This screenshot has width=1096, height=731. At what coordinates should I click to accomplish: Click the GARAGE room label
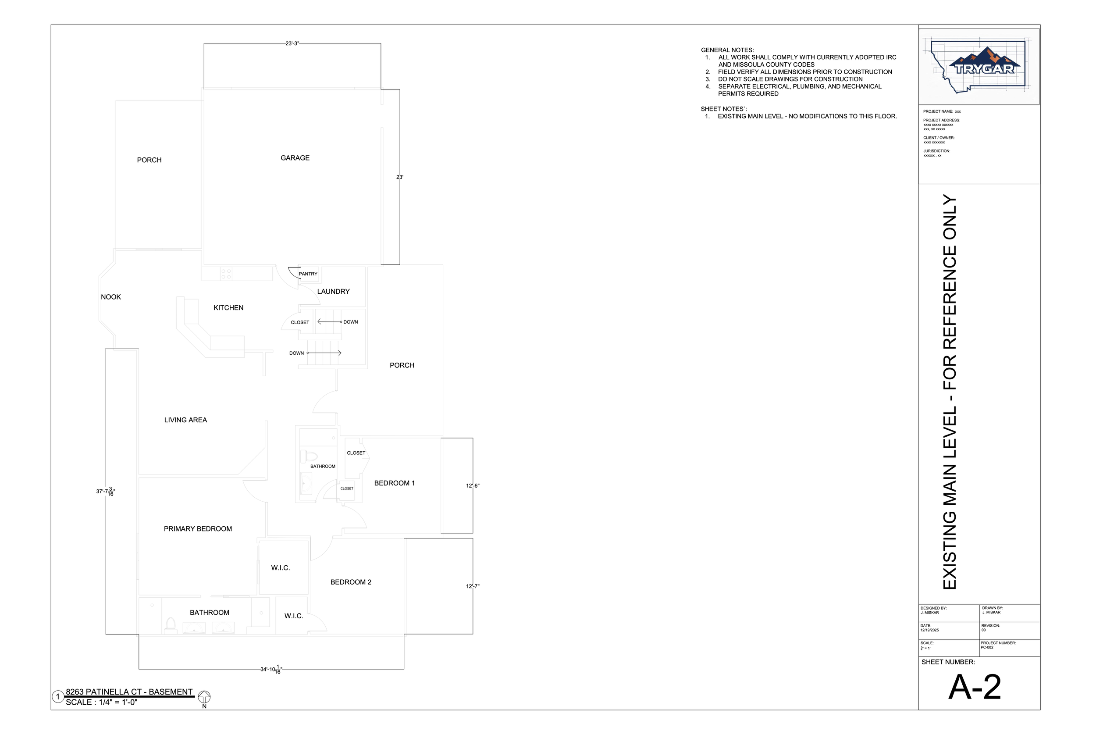click(295, 158)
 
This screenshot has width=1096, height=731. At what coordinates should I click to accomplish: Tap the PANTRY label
click(308, 274)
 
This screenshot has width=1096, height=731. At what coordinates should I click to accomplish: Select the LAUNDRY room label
click(333, 291)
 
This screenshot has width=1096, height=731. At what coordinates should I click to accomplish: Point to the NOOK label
click(111, 297)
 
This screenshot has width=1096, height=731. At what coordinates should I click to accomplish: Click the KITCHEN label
click(228, 308)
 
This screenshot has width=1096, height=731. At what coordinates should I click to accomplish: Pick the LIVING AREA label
click(185, 420)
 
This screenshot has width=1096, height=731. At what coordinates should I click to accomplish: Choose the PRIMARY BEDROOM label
click(198, 529)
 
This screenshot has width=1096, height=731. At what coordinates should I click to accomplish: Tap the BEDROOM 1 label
click(394, 483)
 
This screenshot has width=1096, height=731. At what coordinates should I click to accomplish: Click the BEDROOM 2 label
click(351, 582)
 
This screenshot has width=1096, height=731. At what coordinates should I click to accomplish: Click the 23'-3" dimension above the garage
click(292, 43)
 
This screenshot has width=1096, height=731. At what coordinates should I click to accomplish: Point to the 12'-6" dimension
click(473, 486)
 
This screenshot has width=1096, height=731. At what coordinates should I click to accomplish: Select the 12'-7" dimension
click(473, 586)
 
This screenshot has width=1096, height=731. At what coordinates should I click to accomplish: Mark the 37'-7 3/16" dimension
click(105, 492)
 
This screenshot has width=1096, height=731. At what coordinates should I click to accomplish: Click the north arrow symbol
click(204, 697)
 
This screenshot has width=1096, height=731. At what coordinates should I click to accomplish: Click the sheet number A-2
click(975, 687)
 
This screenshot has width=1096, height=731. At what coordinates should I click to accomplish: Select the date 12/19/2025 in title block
click(930, 630)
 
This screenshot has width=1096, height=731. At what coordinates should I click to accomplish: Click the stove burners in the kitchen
click(226, 274)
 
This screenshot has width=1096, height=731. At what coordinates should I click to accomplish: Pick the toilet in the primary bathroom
click(171, 625)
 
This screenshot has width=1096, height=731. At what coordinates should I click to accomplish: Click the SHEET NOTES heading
click(724, 109)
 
